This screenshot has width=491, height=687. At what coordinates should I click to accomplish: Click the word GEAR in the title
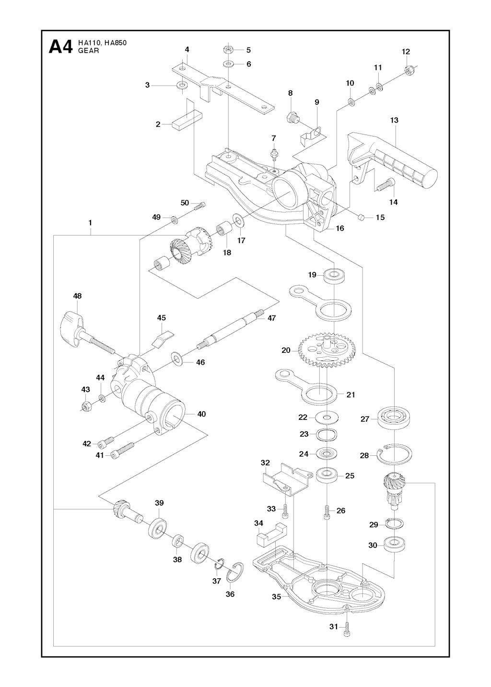(x=89, y=51)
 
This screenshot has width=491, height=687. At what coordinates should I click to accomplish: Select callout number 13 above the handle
(x=394, y=120)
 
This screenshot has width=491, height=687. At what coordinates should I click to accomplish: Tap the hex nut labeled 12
(x=409, y=70)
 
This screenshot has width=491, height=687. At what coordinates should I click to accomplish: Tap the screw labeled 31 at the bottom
(x=348, y=628)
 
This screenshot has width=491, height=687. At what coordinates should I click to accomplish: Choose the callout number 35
(x=277, y=597)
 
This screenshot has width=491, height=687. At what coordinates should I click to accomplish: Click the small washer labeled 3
(x=182, y=85)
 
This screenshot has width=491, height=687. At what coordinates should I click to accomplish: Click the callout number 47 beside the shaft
(x=272, y=318)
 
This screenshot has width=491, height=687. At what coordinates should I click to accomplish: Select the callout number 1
(x=90, y=223)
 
